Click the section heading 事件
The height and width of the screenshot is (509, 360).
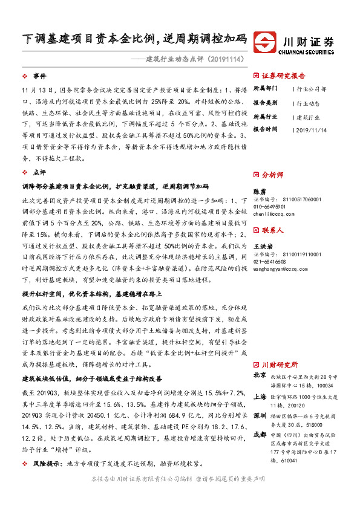(x=39, y=76)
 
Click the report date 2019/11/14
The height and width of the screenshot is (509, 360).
(x=313, y=129)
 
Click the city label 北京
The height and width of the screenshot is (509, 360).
(x=259, y=375)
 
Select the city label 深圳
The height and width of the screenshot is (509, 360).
(x=259, y=416)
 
